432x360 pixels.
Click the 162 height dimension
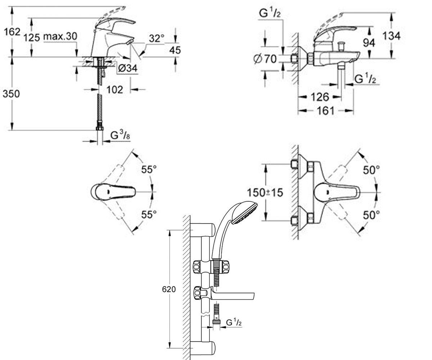(x=12, y=32)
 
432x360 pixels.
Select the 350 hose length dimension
(x=11, y=94)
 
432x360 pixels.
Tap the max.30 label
(x=60, y=36)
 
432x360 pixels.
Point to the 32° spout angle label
(x=157, y=39)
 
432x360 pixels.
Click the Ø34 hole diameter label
(x=128, y=68)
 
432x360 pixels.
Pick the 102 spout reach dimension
(x=115, y=90)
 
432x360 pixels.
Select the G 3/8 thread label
(x=120, y=135)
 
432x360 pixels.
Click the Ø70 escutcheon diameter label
(x=265, y=59)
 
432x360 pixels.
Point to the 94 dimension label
(x=369, y=43)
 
